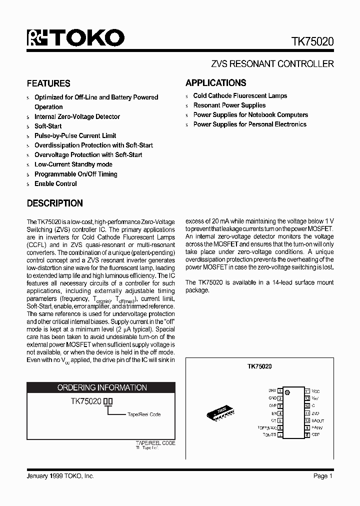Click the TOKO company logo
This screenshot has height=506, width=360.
pos(75,38)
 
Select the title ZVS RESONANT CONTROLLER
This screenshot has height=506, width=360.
pos(272,64)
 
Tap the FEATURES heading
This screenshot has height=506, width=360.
pos(48,83)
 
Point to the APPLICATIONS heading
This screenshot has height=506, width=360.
pos(216,83)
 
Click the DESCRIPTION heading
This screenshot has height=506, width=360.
pos(54,203)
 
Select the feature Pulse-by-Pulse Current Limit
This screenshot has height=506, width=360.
pos(75,135)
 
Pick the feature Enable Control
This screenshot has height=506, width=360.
pos(55,183)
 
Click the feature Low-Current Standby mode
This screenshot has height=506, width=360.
pos(73,164)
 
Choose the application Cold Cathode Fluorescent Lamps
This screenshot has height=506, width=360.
pos(240,95)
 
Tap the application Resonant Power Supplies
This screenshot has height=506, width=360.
pos(229,105)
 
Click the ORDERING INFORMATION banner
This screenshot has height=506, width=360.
pos(102,387)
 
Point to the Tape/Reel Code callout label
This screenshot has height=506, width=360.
pos(144,414)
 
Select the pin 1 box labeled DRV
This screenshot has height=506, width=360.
pos(280,390)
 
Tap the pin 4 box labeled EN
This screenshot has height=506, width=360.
pos(280,413)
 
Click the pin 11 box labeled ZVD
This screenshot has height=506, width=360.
pos(307,413)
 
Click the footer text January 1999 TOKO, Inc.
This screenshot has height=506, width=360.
pos(60,476)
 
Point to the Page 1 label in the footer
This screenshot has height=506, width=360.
pos(323,476)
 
